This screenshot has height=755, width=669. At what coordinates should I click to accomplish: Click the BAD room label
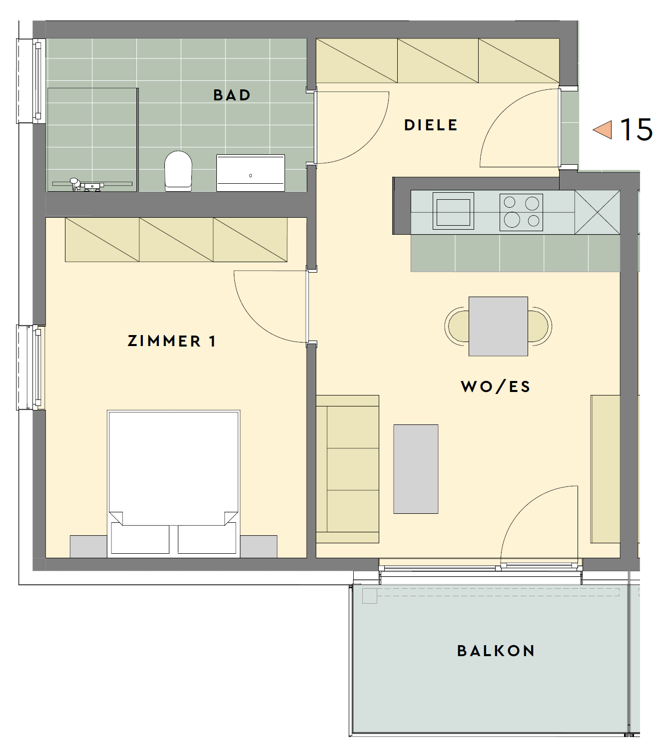tap(232, 95)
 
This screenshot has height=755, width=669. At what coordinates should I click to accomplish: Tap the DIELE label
tap(431, 125)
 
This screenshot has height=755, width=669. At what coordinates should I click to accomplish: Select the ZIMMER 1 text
tap(171, 341)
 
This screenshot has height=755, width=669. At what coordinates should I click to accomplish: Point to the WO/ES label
tap(496, 386)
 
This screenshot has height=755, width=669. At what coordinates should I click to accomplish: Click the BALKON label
tap(496, 651)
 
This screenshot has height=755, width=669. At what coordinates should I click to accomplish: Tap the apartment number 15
tap(636, 130)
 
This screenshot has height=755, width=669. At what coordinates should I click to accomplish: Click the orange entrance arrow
tap(602, 130)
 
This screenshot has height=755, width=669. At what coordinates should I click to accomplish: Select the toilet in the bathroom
tap(178, 171)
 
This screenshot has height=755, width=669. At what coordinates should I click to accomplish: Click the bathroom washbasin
tap(251, 173)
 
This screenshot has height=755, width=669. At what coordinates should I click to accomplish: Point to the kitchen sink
tap(453, 211)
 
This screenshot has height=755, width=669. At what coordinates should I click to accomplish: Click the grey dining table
tap(498, 326)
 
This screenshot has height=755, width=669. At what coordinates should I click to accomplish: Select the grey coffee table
tap(416, 469)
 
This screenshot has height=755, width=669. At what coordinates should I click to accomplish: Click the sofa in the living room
tap(348, 469)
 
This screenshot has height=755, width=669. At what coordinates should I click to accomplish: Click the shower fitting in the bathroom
tap(86, 184)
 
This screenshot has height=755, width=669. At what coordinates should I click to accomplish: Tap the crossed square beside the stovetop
tap(598, 212)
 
